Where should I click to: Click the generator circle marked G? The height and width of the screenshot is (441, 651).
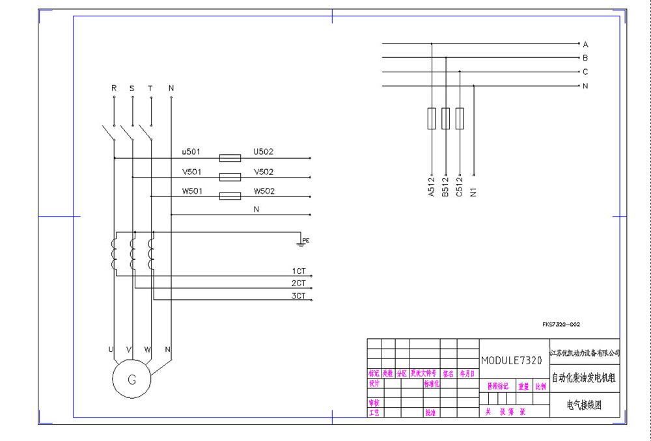coord(132,378)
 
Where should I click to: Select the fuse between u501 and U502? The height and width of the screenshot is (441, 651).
coord(230,157)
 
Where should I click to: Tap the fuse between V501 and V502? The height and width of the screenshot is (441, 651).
coord(230,177)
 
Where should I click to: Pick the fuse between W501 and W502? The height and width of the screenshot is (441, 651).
coord(230,196)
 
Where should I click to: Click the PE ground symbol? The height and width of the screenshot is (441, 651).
coord(301,242)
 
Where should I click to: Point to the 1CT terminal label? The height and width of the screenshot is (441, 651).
coord(299,271)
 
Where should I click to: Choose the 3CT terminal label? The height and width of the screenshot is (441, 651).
coord(299,296)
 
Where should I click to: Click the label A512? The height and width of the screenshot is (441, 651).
coord(431,187)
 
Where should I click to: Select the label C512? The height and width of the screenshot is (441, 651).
coord(460,187)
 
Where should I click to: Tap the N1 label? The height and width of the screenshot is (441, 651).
coord(474,191)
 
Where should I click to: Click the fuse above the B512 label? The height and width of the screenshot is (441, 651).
coord(445,118)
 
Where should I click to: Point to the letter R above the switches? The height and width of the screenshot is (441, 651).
coord(114,88)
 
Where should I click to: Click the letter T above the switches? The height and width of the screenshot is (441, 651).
coord(150,88)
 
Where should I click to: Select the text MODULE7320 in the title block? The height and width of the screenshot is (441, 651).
coord(511,360)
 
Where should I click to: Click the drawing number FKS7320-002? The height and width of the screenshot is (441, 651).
coord(561,323)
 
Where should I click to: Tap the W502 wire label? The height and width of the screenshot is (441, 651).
coord(264,191)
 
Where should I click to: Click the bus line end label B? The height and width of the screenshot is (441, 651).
coord(585,58)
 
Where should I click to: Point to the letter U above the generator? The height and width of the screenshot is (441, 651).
coord(111,350)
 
